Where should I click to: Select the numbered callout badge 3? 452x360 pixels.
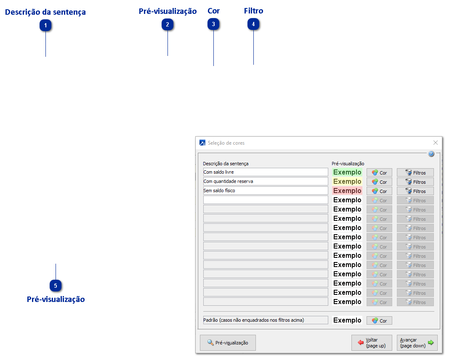(214, 25)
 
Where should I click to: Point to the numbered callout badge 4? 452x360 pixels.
(253, 25)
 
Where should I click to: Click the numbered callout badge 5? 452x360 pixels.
(56, 286)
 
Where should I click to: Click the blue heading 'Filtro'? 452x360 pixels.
(253, 11)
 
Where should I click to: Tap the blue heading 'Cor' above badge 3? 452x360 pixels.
(214, 11)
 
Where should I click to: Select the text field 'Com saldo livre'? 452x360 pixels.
(265, 172)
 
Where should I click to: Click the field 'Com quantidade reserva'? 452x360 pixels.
(265, 181)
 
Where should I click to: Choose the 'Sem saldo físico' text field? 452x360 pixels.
(265, 191)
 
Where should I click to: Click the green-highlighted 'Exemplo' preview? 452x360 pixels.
(347, 172)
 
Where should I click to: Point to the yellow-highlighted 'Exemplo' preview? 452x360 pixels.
(347, 182)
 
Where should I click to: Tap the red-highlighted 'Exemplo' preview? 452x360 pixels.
(347, 191)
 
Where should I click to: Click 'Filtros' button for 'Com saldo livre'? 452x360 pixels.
(415, 172)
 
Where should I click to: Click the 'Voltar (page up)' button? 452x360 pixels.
(372, 343)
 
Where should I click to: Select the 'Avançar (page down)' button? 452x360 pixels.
(417, 343)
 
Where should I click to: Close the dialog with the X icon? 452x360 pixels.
(436, 143)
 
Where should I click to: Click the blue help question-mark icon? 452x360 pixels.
(431, 154)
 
